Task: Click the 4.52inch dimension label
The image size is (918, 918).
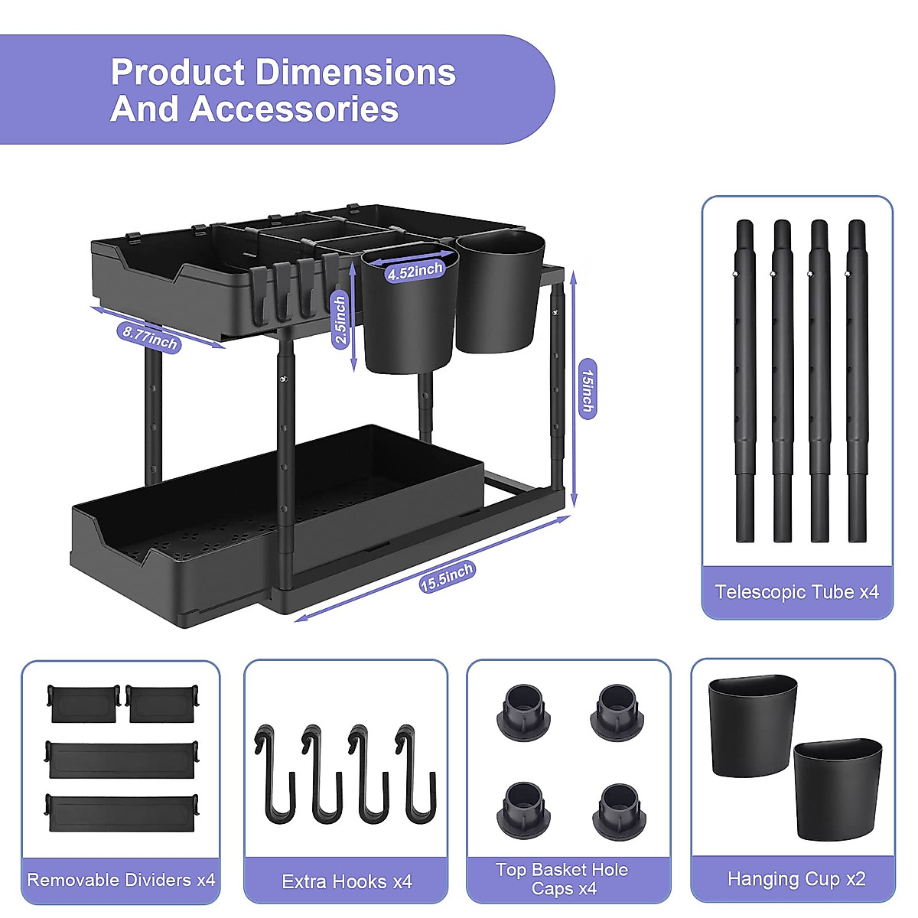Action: pyautogui.click(x=415, y=271)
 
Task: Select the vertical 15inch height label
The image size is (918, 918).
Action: pyautogui.click(x=587, y=390)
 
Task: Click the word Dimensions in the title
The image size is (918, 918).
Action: pyautogui.click(x=356, y=73)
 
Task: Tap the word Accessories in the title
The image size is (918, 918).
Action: pyautogui.click(x=295, y=109)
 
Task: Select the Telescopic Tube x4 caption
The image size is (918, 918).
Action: pyautogui.click(x=797, y=591)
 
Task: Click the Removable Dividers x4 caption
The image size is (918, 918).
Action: pyautogui.click(x=121, y=880)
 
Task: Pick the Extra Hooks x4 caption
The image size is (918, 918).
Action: pyautogui.click(x=347, y=882)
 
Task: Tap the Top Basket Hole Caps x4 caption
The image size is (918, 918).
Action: pyautogui.click(x=562, y=879)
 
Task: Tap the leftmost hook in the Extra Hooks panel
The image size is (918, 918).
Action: pyautogui.click(x=275, y=773)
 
